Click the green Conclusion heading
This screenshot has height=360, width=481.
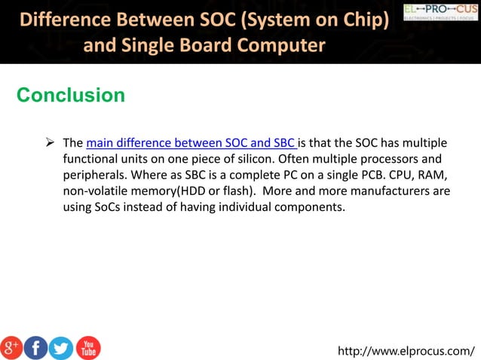70,96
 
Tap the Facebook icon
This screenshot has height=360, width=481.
35,347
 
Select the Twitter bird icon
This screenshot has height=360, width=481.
61,347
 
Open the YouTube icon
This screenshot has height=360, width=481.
87,347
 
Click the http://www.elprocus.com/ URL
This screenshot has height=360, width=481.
406,350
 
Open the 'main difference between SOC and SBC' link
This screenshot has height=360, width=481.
191,143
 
